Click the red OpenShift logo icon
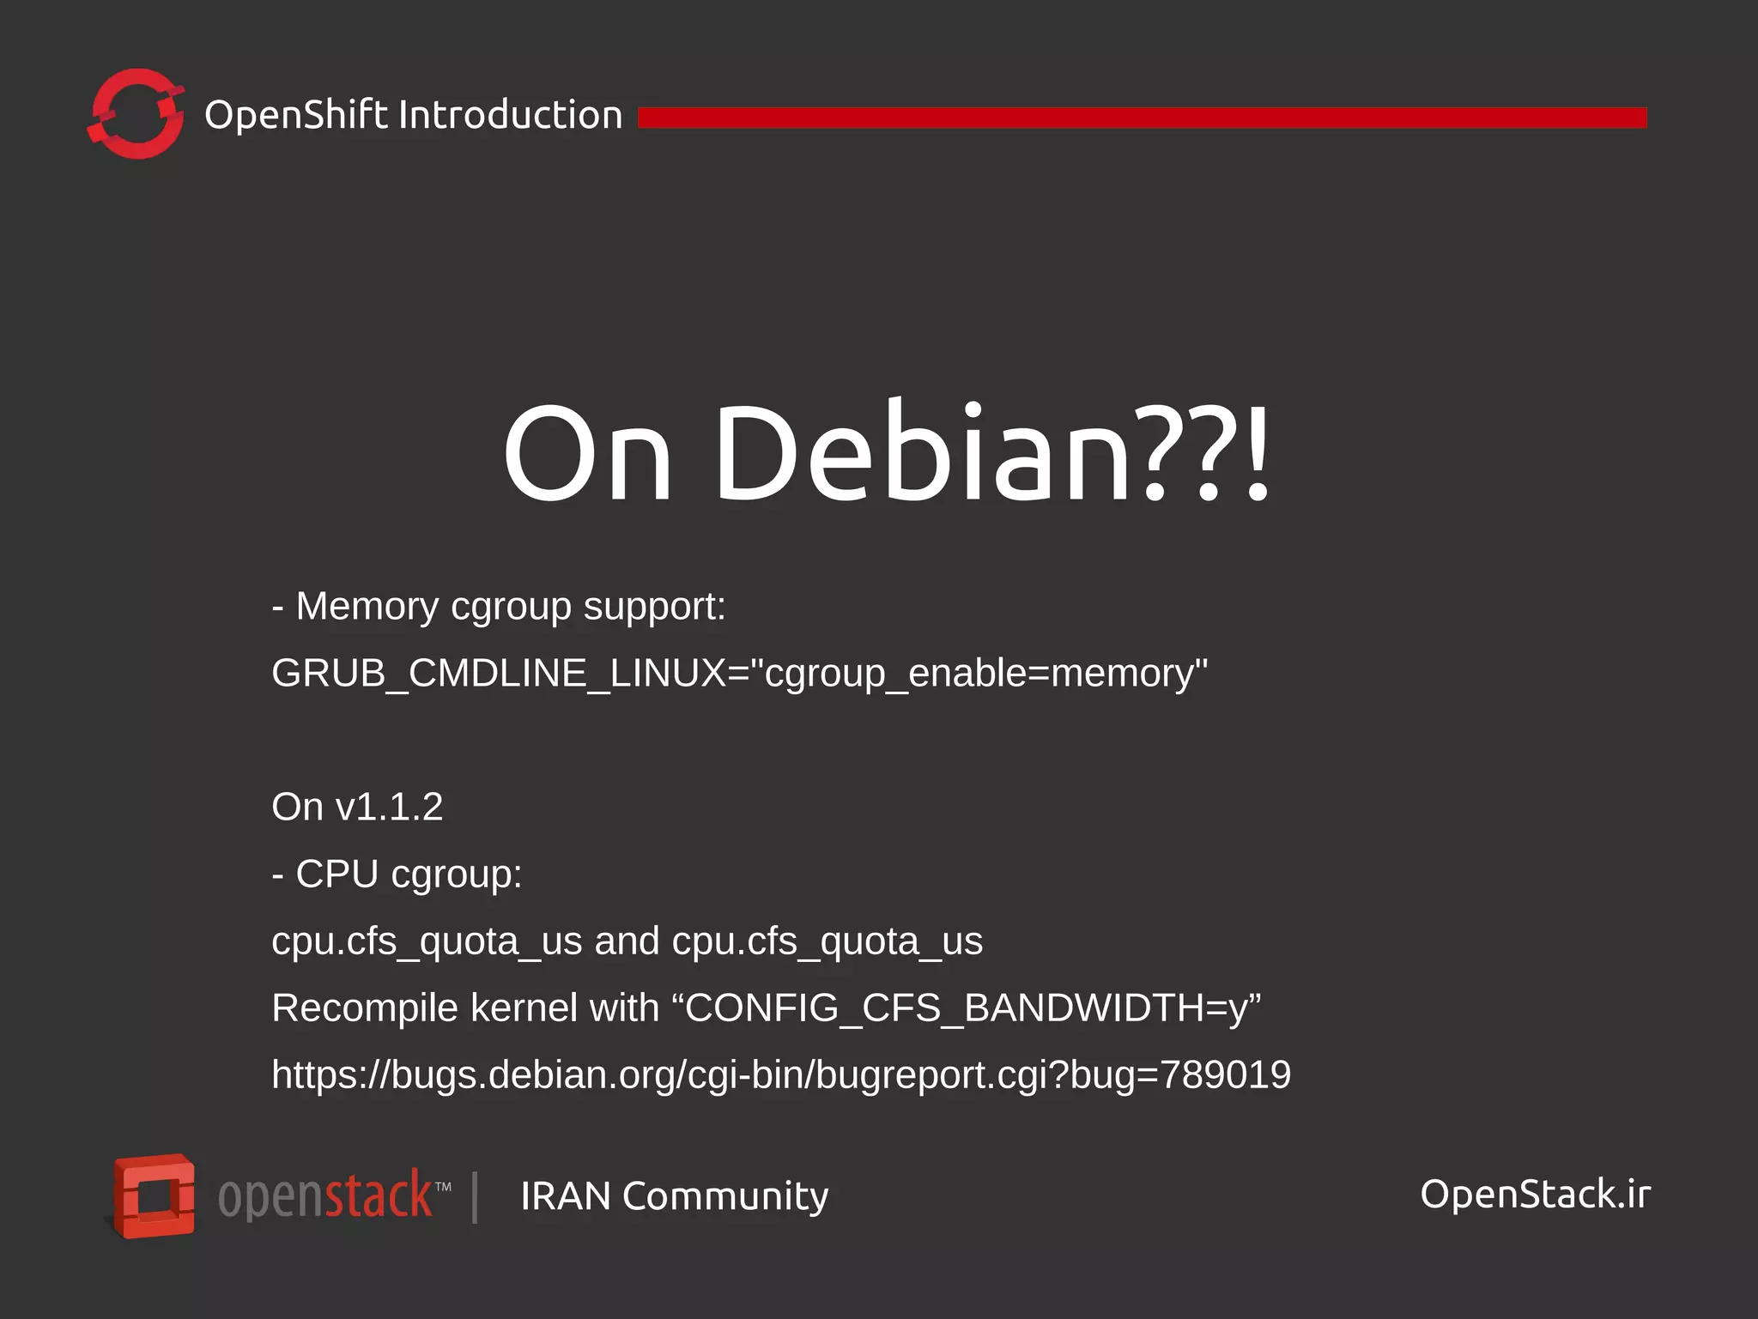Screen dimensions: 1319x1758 click(136, 114)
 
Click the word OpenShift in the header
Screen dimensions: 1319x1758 click(296, 115)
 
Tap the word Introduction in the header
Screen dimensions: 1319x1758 click(511, 115)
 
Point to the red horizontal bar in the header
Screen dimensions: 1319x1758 click(1142, 118)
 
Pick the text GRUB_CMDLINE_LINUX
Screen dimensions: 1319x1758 click(498, 674)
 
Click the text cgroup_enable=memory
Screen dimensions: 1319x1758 click(979, 674)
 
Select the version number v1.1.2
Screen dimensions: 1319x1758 click(389, 808)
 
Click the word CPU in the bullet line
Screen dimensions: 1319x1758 click(336, 874)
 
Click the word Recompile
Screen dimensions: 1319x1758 click(365, 1008)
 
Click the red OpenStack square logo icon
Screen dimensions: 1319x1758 click(155, 1195)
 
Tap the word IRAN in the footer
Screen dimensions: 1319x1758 click(566, 1196)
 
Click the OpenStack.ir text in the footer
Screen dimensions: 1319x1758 click(1535, 1195)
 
